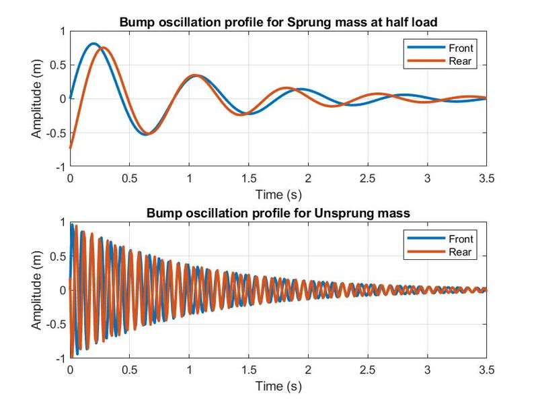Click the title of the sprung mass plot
click(278, 22)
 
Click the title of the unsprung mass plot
click(278, 213)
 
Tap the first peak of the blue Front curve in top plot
click(93, 44)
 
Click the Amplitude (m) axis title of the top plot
click(36, 98)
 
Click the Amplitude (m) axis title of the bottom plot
click(36, 290)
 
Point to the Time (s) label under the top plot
click(278, 195)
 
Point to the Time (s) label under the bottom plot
click(278, 386)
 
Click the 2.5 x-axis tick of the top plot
click(367, 178)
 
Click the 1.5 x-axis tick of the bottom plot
click(248, 370)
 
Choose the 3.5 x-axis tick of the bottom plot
click(486, 370)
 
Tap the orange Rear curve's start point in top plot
click(71, 147)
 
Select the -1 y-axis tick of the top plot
click(61, 166)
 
